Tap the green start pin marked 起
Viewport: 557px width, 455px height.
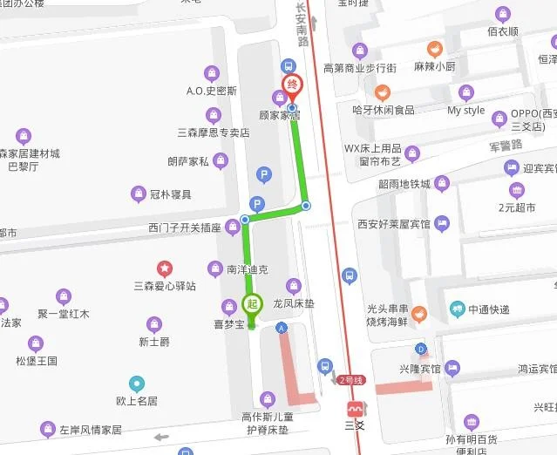(x=251, y=304)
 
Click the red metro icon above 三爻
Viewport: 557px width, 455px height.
(x=355, y=410)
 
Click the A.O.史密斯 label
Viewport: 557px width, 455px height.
(x=211, y=90)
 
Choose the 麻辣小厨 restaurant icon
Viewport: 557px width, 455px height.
(x=433, y=50)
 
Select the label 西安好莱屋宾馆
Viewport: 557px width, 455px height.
(x=394, y=223)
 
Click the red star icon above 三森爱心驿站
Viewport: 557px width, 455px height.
(x=164, y=268)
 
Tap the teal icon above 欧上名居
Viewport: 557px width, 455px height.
(x=136, y=383)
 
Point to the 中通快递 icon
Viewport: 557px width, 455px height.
(x=458, y=308)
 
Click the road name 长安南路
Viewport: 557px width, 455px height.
(x=302, y=24)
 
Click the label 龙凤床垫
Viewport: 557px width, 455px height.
(x=293, y=304)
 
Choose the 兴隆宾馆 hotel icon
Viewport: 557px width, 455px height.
(x=452, y=368)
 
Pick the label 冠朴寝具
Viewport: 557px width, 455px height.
(x=171, y=194)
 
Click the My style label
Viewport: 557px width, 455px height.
(x=465, y=111)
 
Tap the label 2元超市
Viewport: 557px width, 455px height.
(x=517, y=207)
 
